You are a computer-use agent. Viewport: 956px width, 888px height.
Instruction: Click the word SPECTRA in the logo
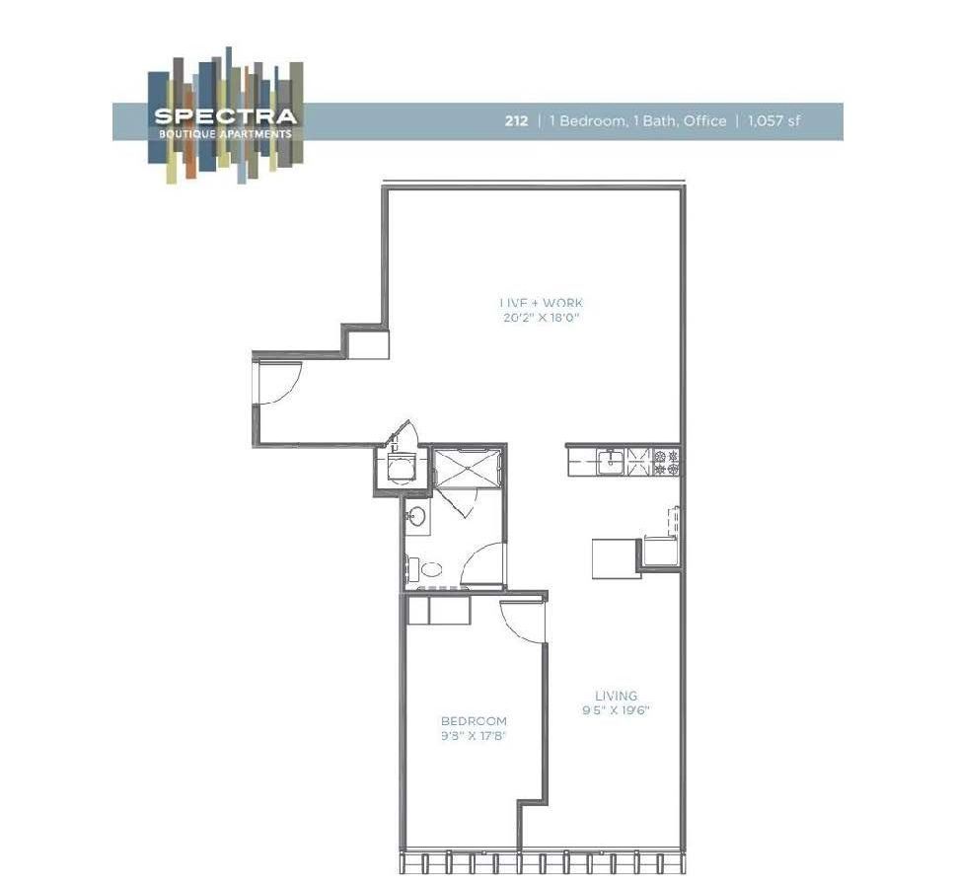click(224, 116)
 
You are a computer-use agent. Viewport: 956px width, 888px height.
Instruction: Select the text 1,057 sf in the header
click(773, 121)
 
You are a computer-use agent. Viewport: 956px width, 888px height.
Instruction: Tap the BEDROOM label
click(474, 721)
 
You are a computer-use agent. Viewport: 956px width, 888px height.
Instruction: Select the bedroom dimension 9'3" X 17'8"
click(474, 736)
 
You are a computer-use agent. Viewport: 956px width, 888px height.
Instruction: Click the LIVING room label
click(616, 695)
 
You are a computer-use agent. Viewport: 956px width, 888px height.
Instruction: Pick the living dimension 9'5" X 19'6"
click(616, 710)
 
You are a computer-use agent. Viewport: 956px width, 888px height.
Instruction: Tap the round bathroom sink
click(416, 515)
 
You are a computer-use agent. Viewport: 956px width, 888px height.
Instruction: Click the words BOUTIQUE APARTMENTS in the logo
click(224, 133)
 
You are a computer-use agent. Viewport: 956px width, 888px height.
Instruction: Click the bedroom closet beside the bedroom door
click(439, 611)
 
